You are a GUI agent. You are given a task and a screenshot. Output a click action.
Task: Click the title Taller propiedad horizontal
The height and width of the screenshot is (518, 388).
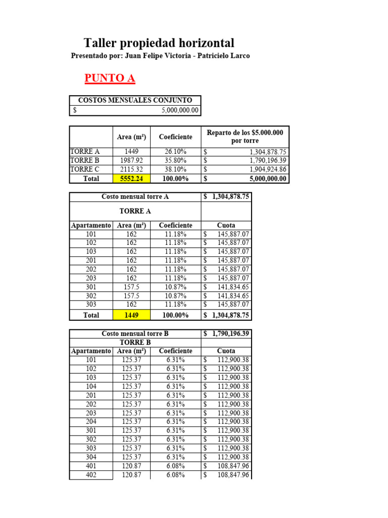pyautogui.click(x=159, y=43)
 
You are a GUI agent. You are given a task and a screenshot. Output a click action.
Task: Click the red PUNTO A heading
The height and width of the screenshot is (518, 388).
pyautogui.click(x=110, y=78)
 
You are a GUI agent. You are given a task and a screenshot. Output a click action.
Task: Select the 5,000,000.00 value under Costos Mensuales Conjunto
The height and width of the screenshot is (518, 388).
pyautogui.click(x=180, y=110)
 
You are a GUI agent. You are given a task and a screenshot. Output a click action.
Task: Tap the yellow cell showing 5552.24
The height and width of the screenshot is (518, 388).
pyautogui.click(x=131, y=179)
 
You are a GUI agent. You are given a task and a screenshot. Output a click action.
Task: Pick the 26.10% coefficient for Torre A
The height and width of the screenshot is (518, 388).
pyautogui.click(x=175, y=151)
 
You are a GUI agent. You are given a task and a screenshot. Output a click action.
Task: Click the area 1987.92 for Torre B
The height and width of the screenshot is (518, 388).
pyautogui.click(x=131, y=160)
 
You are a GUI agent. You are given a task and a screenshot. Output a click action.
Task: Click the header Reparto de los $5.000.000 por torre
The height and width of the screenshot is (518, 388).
pyautogui.click(x=245, y=137)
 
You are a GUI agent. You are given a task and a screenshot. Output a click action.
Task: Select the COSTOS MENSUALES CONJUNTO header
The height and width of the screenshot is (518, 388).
pyautogui.click(x=135, y=100)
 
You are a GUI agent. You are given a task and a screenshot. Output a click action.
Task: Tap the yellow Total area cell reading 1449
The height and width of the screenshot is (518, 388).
pyautogui.click(x=131, y=315)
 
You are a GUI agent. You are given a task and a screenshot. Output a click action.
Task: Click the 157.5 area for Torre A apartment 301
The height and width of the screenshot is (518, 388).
pyautogui.click(x=131, y=287)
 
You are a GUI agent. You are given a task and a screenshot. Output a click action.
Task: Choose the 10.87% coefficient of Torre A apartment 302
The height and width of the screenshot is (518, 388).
pyautogui.click(x=175, y=296)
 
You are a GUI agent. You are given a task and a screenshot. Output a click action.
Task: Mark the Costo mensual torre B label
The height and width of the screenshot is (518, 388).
pyautogui.click(x=135, y=333)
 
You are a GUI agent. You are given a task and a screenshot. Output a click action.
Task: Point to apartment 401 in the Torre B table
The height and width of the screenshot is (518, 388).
pyautogui.click(x=91, y=466)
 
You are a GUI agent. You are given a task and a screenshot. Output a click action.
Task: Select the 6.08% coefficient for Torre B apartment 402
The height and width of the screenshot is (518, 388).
pyautogui.click(x=175, y=475)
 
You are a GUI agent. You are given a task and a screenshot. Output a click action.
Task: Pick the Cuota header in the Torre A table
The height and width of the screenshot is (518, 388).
pyautogui.click(x=226, y=225)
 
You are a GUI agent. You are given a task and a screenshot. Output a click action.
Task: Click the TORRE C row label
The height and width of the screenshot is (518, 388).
pyautogui.click(x=85, y=169)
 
